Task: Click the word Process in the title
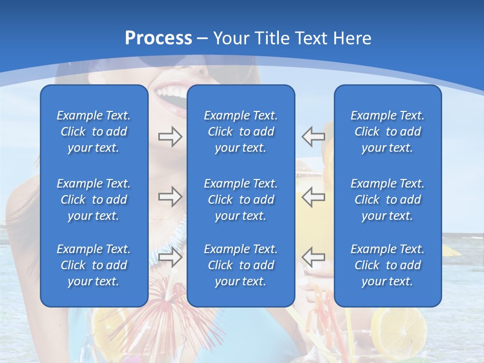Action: [x=158, y=38]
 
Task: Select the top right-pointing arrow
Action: [x=170, y=137]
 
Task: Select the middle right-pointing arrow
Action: [x=170, y=197]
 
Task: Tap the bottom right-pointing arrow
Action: [x=170, y=257]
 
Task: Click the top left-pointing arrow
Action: [x=313, y=137]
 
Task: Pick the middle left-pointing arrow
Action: [x=313, y=197]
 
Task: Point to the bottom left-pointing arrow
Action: [x=313, y=257]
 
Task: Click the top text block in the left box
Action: [x=94, y=132]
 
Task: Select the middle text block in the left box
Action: [x=94, y=200]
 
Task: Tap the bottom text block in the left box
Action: [x=94, y=265]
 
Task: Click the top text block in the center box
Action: [x=240, y=132]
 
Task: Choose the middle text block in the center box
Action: [x=240, y=200]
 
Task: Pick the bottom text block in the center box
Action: [x=240, y=265]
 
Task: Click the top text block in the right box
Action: [x=387, y=132]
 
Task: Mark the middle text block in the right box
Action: [x=387, y=200]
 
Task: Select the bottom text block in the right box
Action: [x=387, y=265]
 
